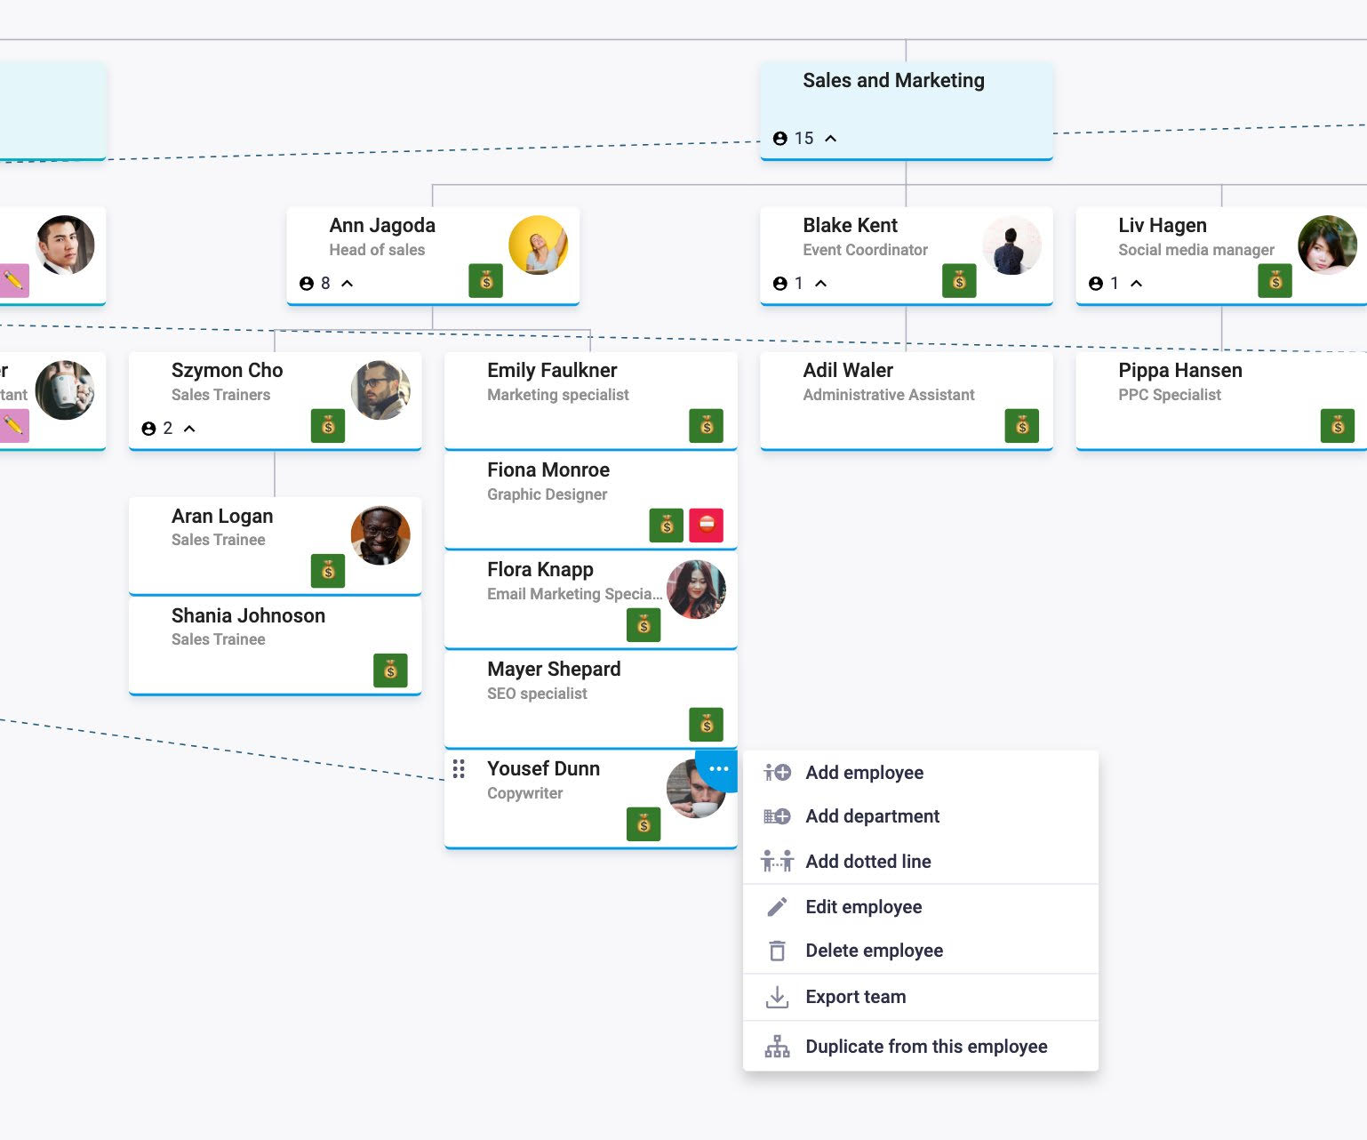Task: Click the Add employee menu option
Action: [x=864, y=773]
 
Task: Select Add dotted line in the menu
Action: [x=867, y=861]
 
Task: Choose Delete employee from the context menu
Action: [x=874, y=951]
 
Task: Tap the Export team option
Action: [x=855, y=997]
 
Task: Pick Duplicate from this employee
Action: [x=926, y=1047]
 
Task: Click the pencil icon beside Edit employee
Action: [x=777, y=907]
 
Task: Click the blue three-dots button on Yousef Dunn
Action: [x=718, y=769]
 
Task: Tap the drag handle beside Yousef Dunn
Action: [x=459, y=769]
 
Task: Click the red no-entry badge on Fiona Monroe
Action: [x=706, y=525]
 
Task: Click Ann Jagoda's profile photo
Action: [x=538, y=245]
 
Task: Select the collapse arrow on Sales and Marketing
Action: [x=831, y=139]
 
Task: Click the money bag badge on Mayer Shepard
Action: [x=706, y=725]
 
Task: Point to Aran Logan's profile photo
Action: [x=380, y=535]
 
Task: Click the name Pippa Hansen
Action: [x=1179, y=370]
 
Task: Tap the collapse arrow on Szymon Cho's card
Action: [x=189, y=429]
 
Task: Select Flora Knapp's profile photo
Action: [x=696, y=590]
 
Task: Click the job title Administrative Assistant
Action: [x=888, y=395]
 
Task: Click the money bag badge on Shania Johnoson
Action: [x=390, y=670]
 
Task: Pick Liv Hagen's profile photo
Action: [x=1327, y=245]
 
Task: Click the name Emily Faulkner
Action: [x=551, y=370]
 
